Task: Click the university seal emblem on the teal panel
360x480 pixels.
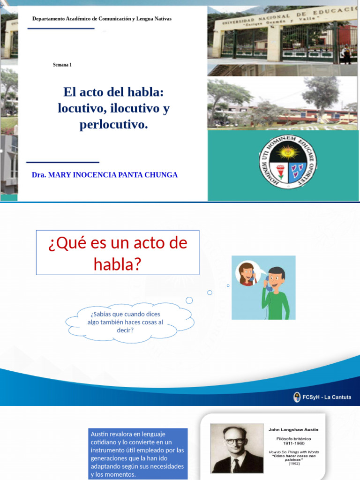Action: [288, 162]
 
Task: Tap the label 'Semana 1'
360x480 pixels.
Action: [62, 65]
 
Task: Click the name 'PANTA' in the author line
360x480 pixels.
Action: [124, 175]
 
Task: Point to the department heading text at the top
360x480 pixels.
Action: [102, 19]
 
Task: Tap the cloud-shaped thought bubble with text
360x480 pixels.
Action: [129, 322]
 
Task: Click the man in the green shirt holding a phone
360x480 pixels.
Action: [277, 292]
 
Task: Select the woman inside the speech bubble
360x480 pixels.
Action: [247, 274]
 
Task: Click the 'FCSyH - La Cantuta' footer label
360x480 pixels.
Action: [327, 397]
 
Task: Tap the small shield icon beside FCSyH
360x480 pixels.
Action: [297, 397]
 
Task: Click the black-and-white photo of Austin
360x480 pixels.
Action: [237, 449]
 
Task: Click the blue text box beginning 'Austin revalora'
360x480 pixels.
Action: [137, 453]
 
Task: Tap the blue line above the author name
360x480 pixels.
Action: [63, 163]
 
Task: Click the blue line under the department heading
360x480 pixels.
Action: [61, 29]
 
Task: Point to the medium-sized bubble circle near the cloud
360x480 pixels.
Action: [210, 292]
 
